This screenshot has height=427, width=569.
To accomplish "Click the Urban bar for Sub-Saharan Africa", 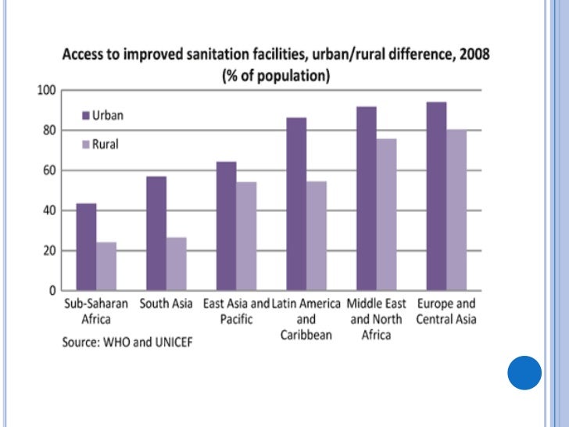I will (x=86, y=246).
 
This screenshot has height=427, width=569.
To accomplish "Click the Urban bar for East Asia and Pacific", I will (x=226, y=226).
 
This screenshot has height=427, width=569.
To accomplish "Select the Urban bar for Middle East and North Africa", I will (x=366, y=199).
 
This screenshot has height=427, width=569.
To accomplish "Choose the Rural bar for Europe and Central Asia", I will (x=456, y=210).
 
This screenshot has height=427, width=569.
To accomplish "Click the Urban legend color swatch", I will (x=87, y=115).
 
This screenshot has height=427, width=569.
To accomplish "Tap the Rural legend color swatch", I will (x=87, y=145).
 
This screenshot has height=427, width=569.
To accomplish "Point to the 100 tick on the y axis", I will (x=46, y=91).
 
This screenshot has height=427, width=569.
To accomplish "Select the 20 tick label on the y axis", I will (x=48, y=251).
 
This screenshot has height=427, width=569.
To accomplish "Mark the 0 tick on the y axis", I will (x=51, y=290).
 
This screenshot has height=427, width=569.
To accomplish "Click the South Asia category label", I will (x=167, y=303).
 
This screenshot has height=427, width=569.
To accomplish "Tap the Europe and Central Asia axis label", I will (x=446, y=311).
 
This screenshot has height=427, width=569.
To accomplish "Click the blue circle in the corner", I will (x=524, y=373).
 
